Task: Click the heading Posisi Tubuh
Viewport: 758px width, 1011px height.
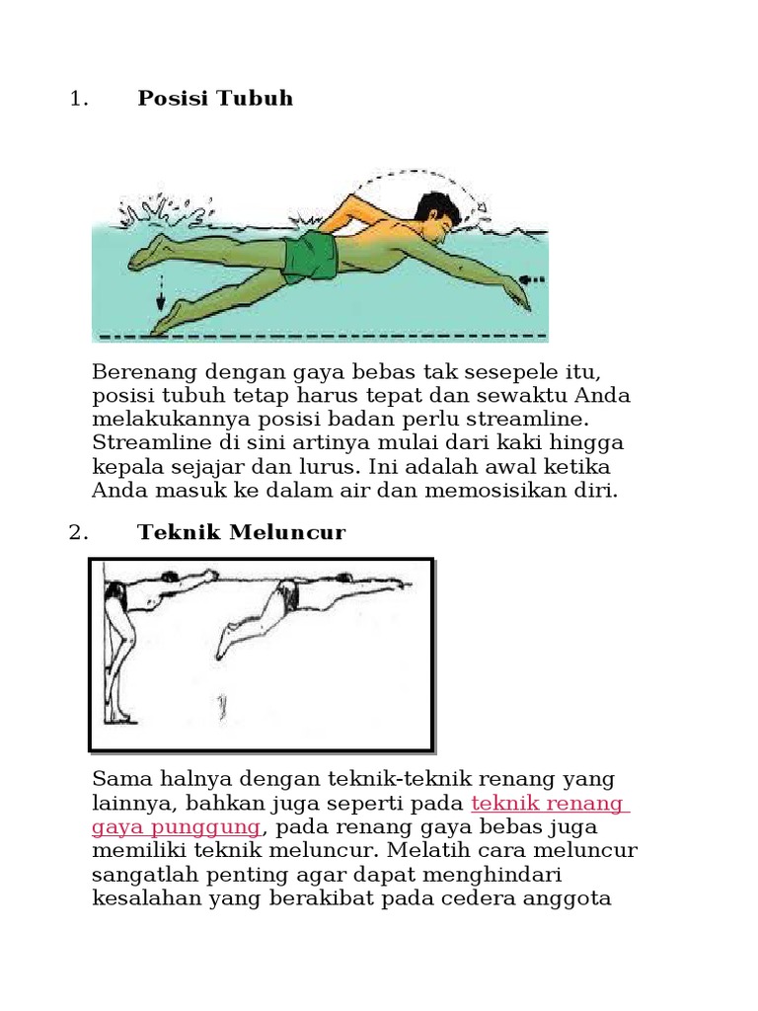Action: [215, 98]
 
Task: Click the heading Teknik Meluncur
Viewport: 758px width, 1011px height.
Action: [241, 532]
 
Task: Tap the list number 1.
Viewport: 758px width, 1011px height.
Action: [78, 99]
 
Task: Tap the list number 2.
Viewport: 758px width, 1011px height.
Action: [78, 532]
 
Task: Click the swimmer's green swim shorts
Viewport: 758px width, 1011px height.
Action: [311, 258]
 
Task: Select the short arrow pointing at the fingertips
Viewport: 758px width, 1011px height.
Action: [533, 279]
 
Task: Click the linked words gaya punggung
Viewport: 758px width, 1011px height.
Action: [176, 827]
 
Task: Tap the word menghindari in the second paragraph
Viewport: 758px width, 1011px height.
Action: [500, 875]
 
